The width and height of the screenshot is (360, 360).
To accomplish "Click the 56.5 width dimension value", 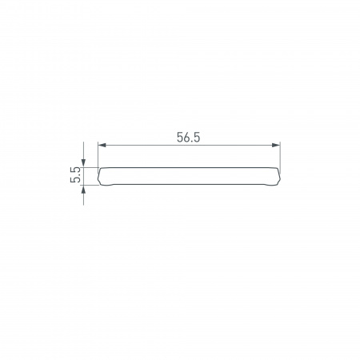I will pyautogui.click(x=189, y=137).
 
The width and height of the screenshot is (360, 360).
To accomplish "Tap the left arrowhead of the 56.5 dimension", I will pyautogui.click(x=101, y=145).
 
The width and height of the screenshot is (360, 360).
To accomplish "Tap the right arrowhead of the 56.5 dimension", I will pyautogui.click(x=278, y=145).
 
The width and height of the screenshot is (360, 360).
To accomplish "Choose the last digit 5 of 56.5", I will pyautogui.click(x=197, y=137).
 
